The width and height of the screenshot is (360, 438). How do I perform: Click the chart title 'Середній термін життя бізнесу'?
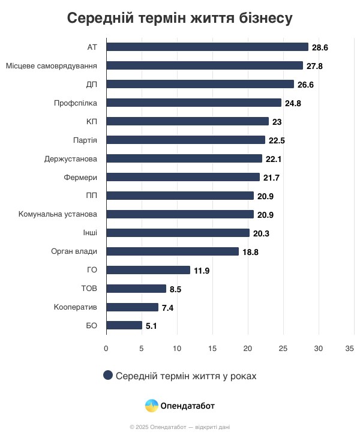coord(179,18)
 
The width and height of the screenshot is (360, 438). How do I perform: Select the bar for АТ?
coord(207,47)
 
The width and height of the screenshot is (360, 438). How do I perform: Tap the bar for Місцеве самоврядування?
coord(205,65)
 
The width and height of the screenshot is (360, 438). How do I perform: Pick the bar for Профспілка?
coord(194,103)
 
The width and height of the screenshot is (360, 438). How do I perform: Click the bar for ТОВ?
coord(136,289)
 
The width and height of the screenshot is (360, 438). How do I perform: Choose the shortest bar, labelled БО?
coord(124,326)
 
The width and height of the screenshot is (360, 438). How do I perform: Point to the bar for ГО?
coord(148,270)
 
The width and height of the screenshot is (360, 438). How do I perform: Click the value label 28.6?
coord(320,47)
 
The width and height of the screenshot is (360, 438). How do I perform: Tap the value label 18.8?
coord(250,252)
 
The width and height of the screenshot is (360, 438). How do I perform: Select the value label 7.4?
coord(169,308)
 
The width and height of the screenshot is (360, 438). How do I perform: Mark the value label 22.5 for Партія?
coord(277,140)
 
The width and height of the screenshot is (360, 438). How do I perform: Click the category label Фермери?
coord(80,177)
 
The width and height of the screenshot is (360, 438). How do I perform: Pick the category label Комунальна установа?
coord(58,214)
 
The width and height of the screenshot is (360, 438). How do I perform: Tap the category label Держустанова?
coord(71,158)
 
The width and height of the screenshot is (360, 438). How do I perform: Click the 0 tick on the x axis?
coord(106,348)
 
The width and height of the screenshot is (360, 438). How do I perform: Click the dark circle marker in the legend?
coord(108,375)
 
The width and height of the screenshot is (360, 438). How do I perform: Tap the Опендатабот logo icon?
coord(152,406)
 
